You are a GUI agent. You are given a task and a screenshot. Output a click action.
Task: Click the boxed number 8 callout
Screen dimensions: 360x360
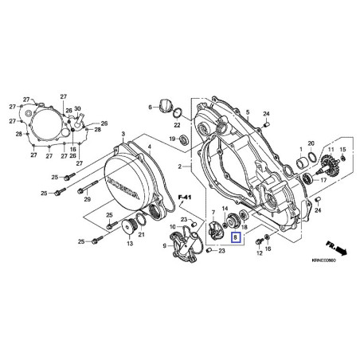[x=234, y=237]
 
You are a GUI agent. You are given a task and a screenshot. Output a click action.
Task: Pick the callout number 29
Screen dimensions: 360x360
[x=88, y=199]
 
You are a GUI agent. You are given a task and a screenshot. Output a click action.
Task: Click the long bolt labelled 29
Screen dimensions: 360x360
[x=84, y=190]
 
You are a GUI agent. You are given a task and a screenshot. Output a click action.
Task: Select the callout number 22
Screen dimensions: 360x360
[x=177, y=123]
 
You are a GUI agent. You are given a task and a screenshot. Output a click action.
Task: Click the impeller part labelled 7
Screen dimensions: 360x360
[x=215, y=225]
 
